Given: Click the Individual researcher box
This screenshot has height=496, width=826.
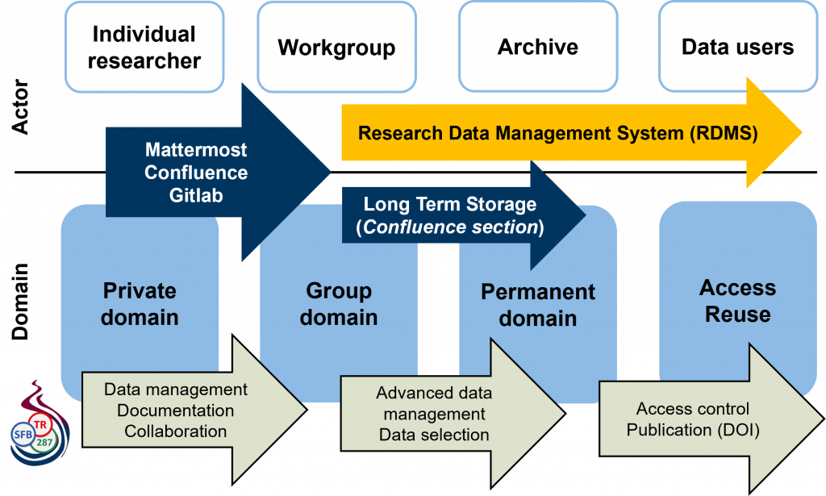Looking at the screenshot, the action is coord(144,47).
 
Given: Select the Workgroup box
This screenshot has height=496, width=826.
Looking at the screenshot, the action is coord(336,47).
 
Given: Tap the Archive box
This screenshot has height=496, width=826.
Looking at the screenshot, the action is coord(538,47).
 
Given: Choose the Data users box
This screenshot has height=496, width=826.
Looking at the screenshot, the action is coord(738,47).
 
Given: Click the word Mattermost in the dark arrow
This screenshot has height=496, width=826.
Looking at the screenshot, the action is coord(196,149).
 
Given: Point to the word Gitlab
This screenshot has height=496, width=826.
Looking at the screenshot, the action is coord(196,195).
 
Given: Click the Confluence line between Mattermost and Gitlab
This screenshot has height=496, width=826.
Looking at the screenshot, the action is coord(196,172).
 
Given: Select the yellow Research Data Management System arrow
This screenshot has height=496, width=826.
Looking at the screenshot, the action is coord(572,133).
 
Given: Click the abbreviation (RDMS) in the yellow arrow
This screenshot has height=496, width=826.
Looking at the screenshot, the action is coord(724,133).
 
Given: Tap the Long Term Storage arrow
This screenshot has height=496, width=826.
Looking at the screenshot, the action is coord(464,215).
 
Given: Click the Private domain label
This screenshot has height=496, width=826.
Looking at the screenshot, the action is coord(140,304).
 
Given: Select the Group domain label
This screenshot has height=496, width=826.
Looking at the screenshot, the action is coord(339,304).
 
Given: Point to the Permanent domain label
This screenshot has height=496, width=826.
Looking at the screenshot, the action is coord(538,305).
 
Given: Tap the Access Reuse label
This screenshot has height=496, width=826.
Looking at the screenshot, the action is coord(737,301).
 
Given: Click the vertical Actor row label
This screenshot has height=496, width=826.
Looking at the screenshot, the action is coord(20,107).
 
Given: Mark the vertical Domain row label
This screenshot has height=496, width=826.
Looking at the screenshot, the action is coord(20,302).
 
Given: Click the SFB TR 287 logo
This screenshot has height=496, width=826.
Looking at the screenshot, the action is coord(40,424).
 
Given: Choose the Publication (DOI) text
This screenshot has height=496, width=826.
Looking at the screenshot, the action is coord(693,430).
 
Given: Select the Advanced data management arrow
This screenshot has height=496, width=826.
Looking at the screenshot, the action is coord(453,413).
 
